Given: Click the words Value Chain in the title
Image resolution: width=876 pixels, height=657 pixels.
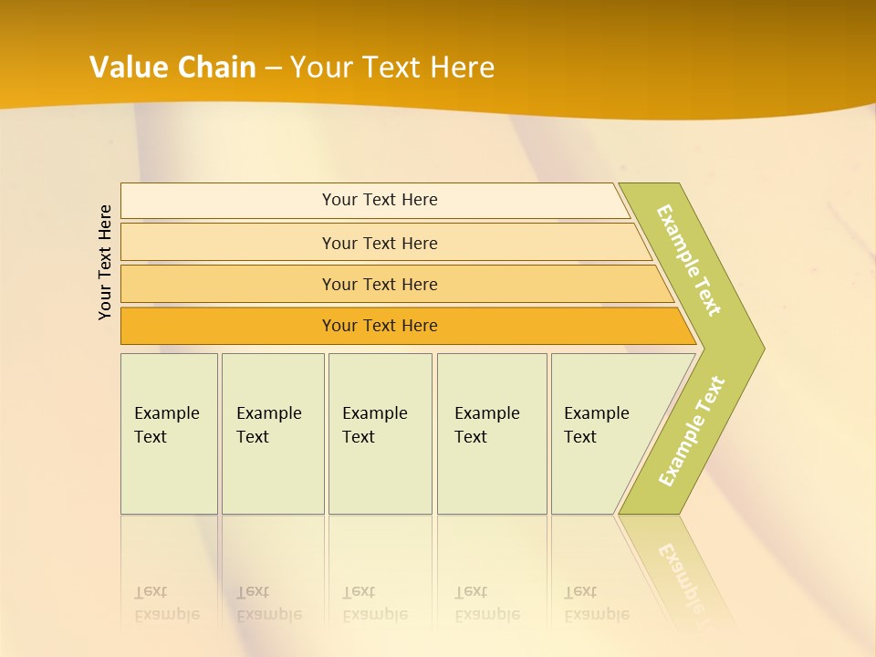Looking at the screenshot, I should (172, 68).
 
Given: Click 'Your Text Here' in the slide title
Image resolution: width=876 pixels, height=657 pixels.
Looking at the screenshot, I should (392, 68).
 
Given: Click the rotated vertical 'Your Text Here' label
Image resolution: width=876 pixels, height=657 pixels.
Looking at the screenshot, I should (106, 263).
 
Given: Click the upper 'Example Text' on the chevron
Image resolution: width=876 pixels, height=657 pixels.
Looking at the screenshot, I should (689, 260).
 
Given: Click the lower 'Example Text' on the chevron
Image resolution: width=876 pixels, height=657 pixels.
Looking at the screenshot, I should (692, 431).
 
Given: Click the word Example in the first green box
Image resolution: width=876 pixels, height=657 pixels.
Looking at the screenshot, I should (166, 413).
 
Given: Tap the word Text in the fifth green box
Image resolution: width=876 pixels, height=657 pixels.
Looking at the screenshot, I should (580, 437).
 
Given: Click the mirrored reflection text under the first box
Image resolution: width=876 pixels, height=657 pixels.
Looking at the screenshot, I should (166, 603).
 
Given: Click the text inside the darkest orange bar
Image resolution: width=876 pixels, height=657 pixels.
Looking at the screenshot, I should (380, 326).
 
